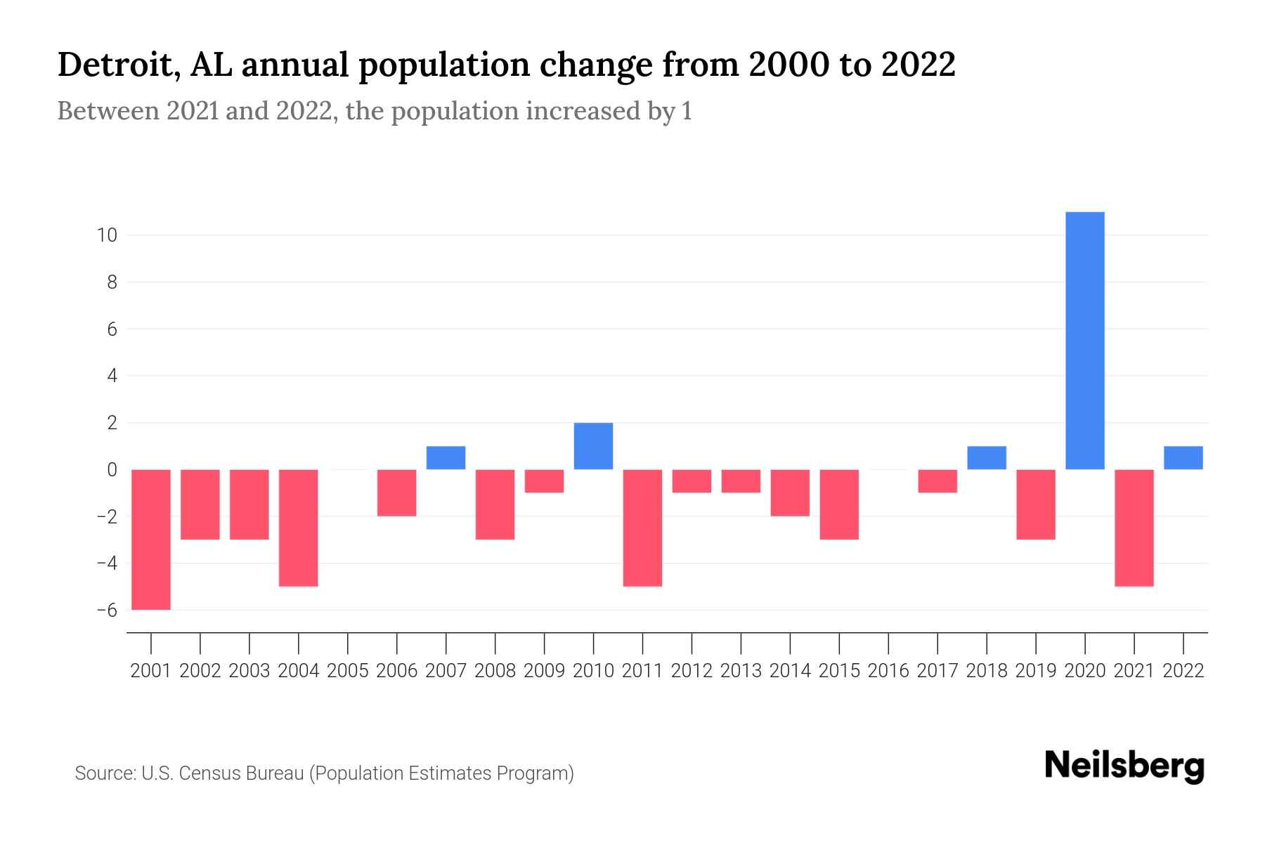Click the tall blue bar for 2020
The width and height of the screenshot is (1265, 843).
pyautogui.click(x=1084, y=341)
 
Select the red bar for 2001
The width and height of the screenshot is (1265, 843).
pyautogui.click(x=151, y=540)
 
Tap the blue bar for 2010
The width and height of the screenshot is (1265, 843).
pyautogui.click(x=593, y=446)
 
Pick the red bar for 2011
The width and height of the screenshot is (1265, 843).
pyautogui.click(x=642, y=528)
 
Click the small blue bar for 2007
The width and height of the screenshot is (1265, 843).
pyautogui.click(x=446, y=458)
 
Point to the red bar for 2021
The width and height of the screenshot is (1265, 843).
pyautogui.click(x=1134, y=528)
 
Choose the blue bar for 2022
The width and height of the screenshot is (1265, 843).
pyautogui.click(x=1183, y=458)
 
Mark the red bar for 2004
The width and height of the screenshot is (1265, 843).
pyautogui.click(x=299, y=528)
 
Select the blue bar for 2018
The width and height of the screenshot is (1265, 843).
pyautogui.click(x=986, y=458)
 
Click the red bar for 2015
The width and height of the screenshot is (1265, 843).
pyautogui.click(x=839, y=504)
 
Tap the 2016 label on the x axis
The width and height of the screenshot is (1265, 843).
pyautogui.click(x=888, y=671)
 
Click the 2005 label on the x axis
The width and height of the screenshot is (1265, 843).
pyautogui.click(x=348, y=671)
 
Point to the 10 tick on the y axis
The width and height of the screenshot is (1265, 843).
pyautogui.click(x=107, y=235)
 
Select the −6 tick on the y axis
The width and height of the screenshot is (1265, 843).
pyautogui.click(x=107, y=610)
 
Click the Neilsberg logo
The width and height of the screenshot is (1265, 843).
pyautogui.click(x=1124, y=766)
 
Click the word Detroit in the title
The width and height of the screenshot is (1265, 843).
pyautogui.click(x=116, y=65)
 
